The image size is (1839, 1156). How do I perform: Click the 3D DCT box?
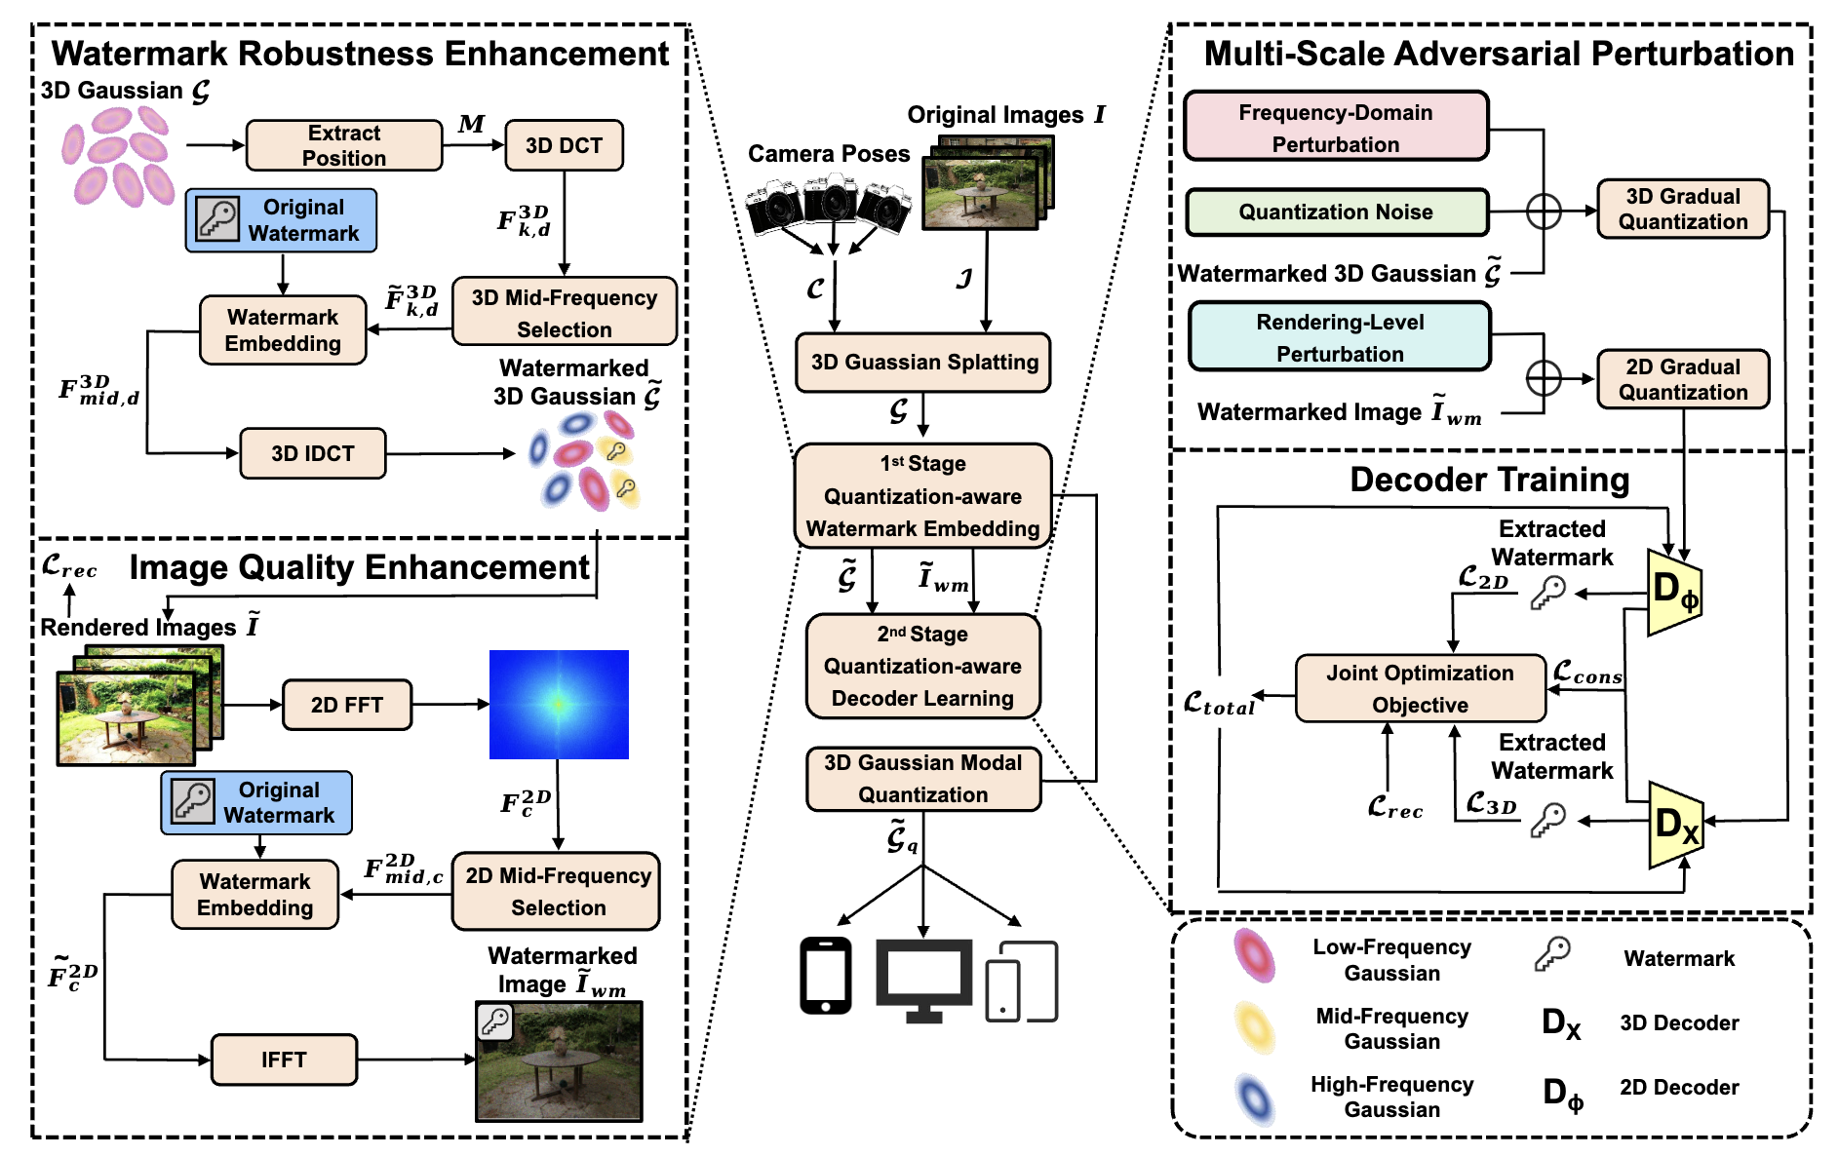tap(564, 146)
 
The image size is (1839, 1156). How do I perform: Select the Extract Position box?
tap(344, 146)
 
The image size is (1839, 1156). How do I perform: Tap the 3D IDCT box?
tap(313, 454)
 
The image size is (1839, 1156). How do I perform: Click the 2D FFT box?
tap(347, 705)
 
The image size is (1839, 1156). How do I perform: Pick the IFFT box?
tap(284, 1060)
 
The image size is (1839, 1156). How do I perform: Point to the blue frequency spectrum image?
tap(559, 704)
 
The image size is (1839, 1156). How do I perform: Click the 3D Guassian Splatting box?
tap(923, 363)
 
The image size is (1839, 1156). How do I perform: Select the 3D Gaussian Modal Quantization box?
tap(923, 779)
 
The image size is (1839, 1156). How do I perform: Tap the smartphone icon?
tap(825, 976)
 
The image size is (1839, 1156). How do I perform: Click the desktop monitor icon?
tap(923, 979)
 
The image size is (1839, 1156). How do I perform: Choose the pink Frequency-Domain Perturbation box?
tap(1336, 128)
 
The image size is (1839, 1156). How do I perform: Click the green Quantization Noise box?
tap(1336, 212)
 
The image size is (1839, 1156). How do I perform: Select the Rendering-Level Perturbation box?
tap(1340, 337)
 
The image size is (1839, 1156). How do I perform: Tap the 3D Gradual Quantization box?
tap(1683, 210)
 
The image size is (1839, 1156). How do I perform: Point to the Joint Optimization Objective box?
tap(1420, 689)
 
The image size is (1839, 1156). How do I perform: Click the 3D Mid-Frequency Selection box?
tap(565, 313)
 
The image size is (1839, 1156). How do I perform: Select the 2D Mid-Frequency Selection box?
tap(557, 892)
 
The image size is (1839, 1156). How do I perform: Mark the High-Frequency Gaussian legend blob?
tap(1254, 1098)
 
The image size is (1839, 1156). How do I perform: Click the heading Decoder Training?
tap(1489, 481)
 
